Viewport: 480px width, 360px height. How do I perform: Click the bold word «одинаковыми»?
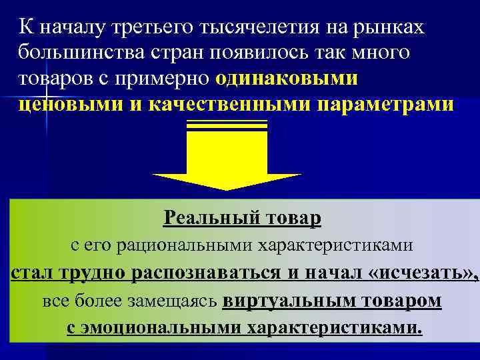[x=286, y=79]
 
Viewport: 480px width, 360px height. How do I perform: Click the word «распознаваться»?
[x=207, y=273]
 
